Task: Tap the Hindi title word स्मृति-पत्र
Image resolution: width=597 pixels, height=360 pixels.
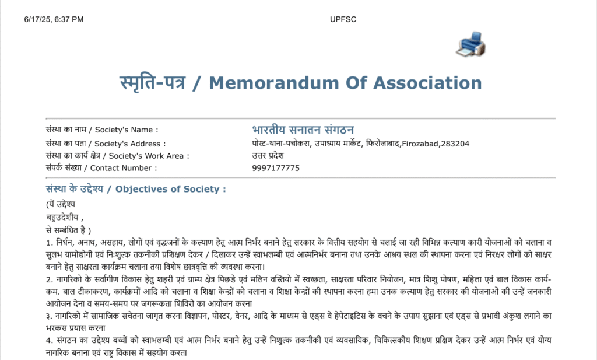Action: tap(152, 82)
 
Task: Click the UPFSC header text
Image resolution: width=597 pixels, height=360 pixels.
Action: tap(343, 19)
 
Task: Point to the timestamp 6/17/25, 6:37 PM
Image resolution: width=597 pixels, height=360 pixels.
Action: tap(54, 19)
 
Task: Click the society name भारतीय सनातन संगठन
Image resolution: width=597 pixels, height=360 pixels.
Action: tap(303, 129)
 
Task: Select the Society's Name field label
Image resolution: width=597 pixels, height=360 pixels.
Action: tap(101, 130)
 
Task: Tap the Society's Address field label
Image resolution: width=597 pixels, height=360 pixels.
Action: tap(106, 144)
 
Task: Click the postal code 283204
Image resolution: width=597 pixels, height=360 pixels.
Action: tap(455, 144)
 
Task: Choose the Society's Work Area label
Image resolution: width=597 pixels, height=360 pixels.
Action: tap(117, 156)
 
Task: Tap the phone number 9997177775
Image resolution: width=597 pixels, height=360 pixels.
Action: tap(276, 168)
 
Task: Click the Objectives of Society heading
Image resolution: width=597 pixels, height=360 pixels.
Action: tap(135, 189)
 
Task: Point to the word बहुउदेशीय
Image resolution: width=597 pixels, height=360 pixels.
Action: tap(62, 217)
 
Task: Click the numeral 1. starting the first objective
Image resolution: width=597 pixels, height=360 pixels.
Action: tap(49, 242)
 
